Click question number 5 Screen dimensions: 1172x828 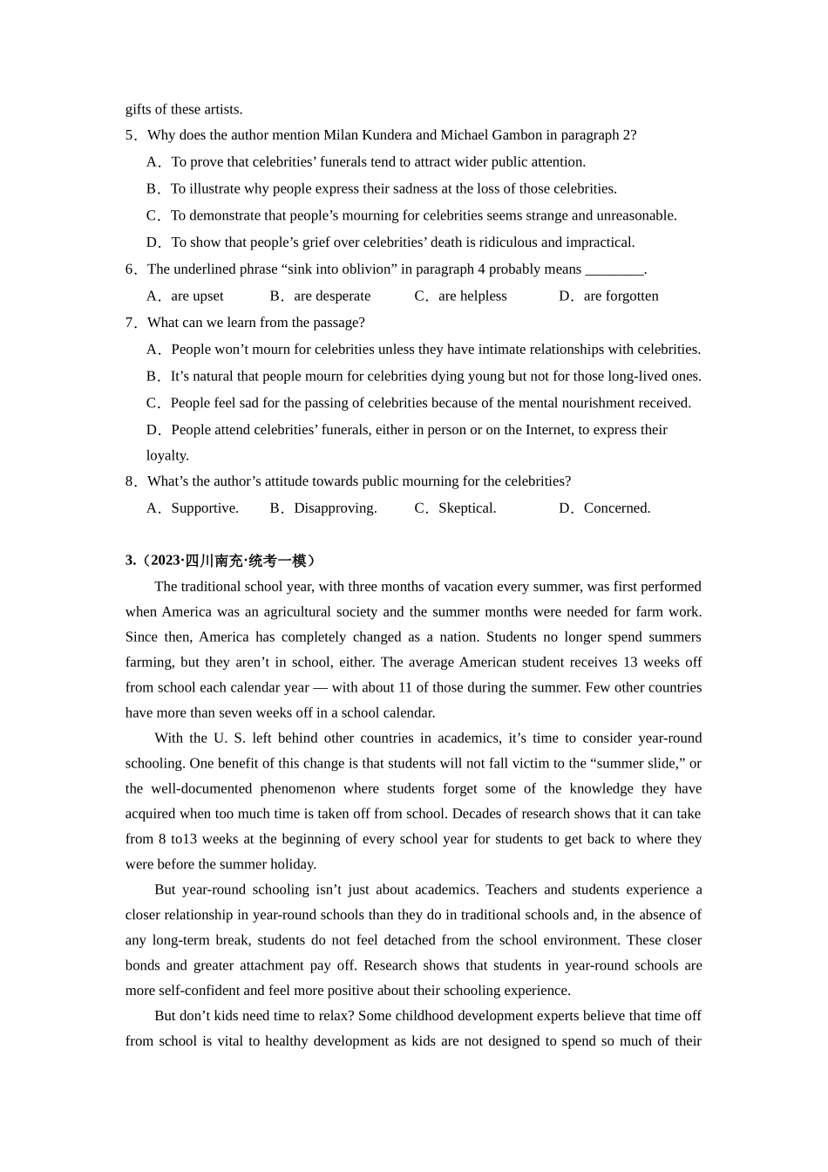[x=131, y=135]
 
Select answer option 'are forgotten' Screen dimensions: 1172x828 [x=621, y=296]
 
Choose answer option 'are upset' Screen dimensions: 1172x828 [x=197, y=296]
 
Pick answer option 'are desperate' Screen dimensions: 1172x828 [x=332, y=296]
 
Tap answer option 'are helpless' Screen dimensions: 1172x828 [x=472, y=296]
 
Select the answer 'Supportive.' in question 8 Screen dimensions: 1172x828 [x=205, y=508]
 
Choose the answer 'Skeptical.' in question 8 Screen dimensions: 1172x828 [x=467, y=508]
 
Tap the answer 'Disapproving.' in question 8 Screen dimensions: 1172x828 [x=336, y=508]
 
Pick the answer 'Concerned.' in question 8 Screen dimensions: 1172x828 [x=617, y=508]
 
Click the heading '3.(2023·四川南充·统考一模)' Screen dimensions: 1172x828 [x=221, y=561]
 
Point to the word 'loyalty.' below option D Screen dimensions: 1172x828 [x=167, y=456]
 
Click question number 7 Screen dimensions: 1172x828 [x=131, y=323]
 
